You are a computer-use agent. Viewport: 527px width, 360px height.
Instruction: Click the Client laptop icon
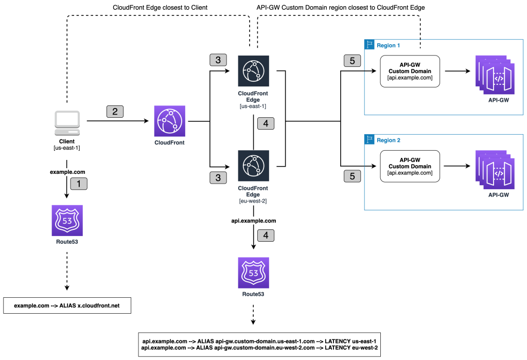67,121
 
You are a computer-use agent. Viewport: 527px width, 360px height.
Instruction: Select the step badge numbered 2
115,111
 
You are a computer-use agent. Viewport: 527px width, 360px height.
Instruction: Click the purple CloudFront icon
169,121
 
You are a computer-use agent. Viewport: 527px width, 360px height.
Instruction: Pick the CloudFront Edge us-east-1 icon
253,71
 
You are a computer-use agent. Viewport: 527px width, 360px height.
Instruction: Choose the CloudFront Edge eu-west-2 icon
253,166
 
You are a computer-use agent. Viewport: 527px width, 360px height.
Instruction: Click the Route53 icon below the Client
67,220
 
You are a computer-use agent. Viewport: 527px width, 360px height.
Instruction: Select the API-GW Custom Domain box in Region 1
410,71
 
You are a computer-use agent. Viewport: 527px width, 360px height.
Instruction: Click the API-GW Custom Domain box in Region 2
410,166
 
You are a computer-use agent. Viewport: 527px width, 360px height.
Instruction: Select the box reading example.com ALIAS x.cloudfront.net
67,305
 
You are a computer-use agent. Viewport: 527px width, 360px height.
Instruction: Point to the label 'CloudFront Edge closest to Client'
161,7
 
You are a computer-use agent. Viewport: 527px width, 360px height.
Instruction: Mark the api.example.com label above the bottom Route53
253,220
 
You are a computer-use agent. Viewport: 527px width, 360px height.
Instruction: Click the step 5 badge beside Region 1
352,61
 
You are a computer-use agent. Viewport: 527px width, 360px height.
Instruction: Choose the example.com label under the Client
67,172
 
